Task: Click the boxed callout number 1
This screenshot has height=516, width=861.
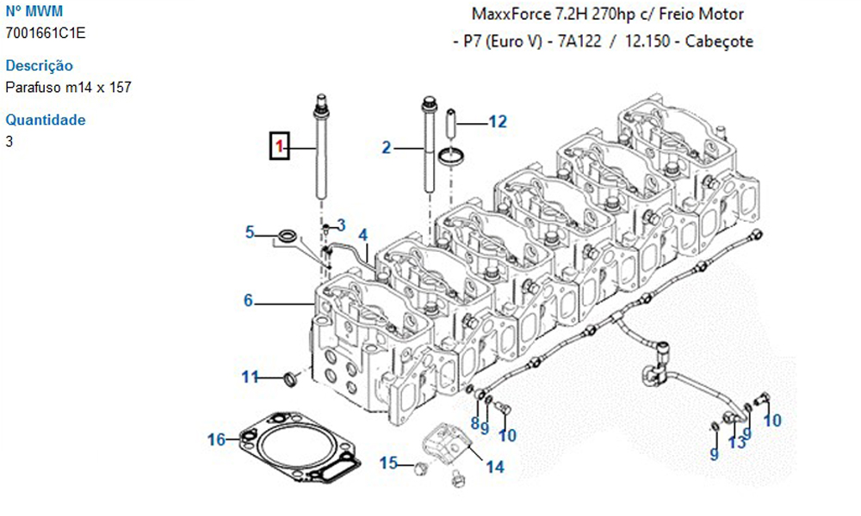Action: [279, 147]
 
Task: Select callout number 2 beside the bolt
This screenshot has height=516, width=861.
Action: [387, 148]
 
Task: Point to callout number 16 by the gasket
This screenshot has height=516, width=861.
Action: [215, 440]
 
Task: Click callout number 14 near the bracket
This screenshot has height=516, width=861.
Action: [494, 467]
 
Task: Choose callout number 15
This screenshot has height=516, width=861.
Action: [388, 464]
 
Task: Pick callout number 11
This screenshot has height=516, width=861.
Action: [249, 377]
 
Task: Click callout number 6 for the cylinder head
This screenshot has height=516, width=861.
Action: [248, 300]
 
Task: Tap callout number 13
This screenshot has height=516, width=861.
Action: [737, 442]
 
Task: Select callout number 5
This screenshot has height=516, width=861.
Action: [250, 231]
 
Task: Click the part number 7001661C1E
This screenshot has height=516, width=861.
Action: [46, 33]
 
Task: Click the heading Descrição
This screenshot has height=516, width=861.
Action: [39, 65]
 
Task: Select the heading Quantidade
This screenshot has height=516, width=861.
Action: [45, 120]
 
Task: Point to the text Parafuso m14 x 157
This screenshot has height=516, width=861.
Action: [68, 87]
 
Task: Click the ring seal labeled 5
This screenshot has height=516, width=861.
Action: [288, 235]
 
